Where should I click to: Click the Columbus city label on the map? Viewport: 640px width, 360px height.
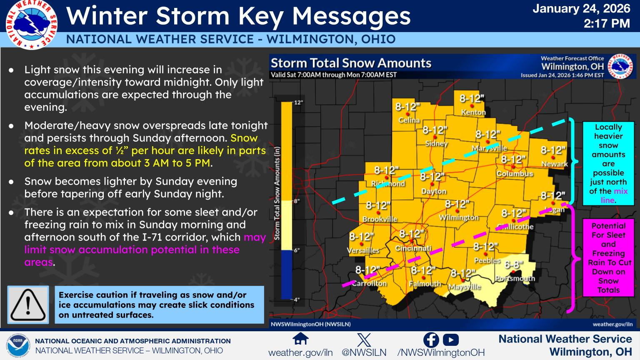[x=515, y=173]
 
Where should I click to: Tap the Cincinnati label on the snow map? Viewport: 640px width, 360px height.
[x=413, y=248]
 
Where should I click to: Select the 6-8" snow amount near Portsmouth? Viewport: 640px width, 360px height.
[x=513, y=265]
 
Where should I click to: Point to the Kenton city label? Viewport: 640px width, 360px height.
[x=473, y=112]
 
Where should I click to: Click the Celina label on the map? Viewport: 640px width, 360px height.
[x=409, y=120]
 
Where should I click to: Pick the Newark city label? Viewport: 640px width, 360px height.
[x=554, y=164]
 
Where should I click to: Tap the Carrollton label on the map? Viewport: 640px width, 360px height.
[x=369, y=283]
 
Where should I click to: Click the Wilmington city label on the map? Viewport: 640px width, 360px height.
[x=458, y=217]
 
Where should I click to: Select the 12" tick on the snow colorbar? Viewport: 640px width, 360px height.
[x=298, y=102]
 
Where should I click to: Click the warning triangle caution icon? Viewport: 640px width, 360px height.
[x=28, y=305]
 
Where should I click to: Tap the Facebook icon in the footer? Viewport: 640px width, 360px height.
[x=431, y=340]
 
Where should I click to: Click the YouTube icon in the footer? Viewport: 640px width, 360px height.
[x=451, y=340]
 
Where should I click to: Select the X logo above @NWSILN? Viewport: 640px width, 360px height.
[x=364, y=340]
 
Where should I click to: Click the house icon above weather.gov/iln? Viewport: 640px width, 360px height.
[x=300, y=339]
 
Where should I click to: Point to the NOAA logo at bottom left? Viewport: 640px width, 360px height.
[x=18, y=346]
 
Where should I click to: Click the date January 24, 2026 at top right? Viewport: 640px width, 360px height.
[x=581, y=8]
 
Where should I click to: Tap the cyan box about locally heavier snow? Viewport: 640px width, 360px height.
[x=608, y=163]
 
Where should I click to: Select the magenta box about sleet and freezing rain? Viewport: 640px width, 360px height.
[x=608, y=257]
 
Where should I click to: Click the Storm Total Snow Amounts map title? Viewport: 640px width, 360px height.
[x=351, y=63]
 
